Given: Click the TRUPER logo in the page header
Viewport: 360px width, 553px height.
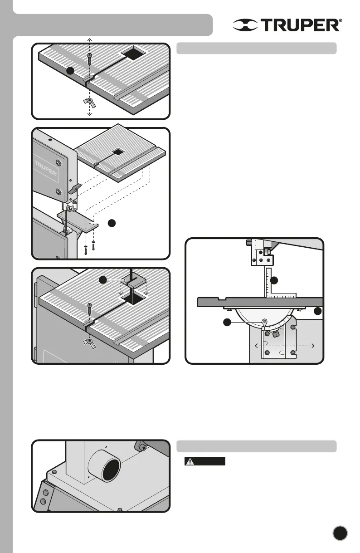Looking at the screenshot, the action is click(x=287, y=25).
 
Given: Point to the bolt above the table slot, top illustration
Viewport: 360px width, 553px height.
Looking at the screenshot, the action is click(x=89, y=58).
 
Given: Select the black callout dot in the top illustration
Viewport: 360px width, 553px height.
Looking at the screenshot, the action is click(x=69, y=71).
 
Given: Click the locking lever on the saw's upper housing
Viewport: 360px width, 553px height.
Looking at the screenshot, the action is click(x=75, y=188).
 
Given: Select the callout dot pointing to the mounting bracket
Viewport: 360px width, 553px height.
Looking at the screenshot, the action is click(x=112, y=223).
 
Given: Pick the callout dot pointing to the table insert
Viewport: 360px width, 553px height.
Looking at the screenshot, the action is click(x=104, y=280).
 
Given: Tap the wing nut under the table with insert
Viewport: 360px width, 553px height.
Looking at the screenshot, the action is click(x=90, y=341).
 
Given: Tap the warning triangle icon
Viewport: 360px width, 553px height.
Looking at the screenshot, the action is click(x=190, y=461).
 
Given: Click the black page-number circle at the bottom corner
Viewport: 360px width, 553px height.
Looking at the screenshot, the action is click(x=340, y=533).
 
